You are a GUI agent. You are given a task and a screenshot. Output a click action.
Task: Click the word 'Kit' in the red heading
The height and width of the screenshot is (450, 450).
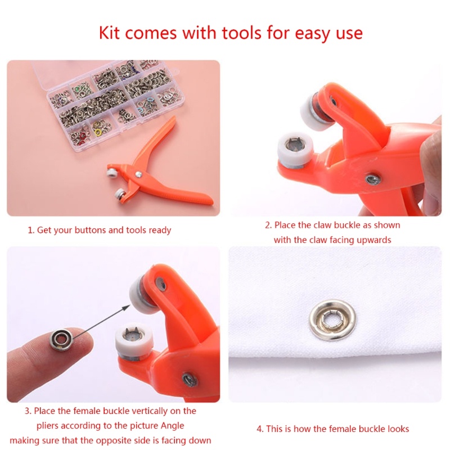(x=109, y=33)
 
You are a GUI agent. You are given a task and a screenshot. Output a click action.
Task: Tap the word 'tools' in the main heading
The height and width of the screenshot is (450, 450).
(x=242, y=33)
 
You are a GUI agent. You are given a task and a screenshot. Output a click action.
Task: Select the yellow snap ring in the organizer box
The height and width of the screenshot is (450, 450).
(x=98, y=132)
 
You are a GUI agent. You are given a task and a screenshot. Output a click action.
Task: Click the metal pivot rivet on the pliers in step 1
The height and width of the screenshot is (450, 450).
(x=138, y=174)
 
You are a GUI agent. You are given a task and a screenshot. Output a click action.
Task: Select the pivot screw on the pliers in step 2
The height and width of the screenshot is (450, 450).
(x=373, y=179)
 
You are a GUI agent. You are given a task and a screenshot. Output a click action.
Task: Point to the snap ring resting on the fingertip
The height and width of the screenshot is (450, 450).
(x=61, y=339)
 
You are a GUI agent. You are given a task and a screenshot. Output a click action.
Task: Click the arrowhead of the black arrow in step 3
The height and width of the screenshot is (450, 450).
(x=126, y=308)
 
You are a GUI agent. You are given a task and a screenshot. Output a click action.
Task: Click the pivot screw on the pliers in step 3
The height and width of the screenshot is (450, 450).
(x=190, y=380)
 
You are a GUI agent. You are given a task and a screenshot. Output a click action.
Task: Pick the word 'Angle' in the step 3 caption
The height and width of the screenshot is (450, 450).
(x=172, y=426)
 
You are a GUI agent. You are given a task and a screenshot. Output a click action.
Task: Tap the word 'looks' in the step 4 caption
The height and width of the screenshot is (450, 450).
(x=398, y=429)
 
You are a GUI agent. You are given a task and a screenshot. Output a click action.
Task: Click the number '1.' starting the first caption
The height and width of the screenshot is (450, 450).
(x=31, y=230)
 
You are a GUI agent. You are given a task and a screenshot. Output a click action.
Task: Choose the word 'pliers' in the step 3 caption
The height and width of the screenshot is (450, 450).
(x=47, y=426)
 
